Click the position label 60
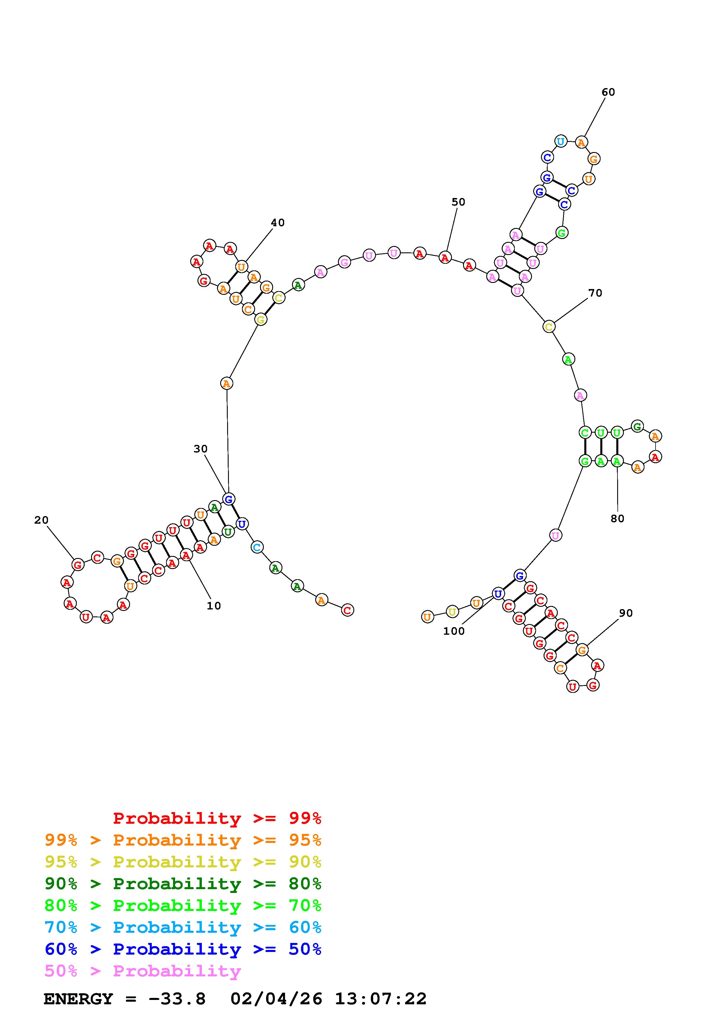(x=608, y=92)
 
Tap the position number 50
(x=458, y=202)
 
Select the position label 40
(x=278, y=222)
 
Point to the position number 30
(x=200, y=449)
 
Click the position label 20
(x=41, y=520)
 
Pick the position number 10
(x=214, y=605)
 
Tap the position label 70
(x=595, y=293)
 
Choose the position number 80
(x=617, y=518)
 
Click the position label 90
(x=626, y=613)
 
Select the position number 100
(x=453, y=631)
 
